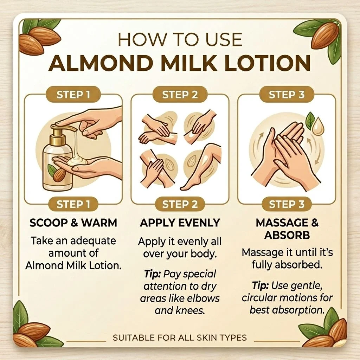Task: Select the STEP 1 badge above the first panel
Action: [x=73, y=95]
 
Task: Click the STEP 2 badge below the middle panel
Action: [x=180, y=204]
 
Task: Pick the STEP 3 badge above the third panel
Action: [x=287, y=95]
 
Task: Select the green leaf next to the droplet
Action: [x=310, y=120]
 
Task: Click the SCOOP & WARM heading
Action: [x=73, y=223]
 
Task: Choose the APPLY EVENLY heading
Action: [x=180, y=223]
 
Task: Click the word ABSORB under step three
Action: [x=287, y=235]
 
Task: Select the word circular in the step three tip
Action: [x=259, y=298]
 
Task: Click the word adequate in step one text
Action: [x=93, y=241]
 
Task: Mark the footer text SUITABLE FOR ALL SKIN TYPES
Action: [x=180, y=337]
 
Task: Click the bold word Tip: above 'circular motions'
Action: [x=261, y=286]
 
